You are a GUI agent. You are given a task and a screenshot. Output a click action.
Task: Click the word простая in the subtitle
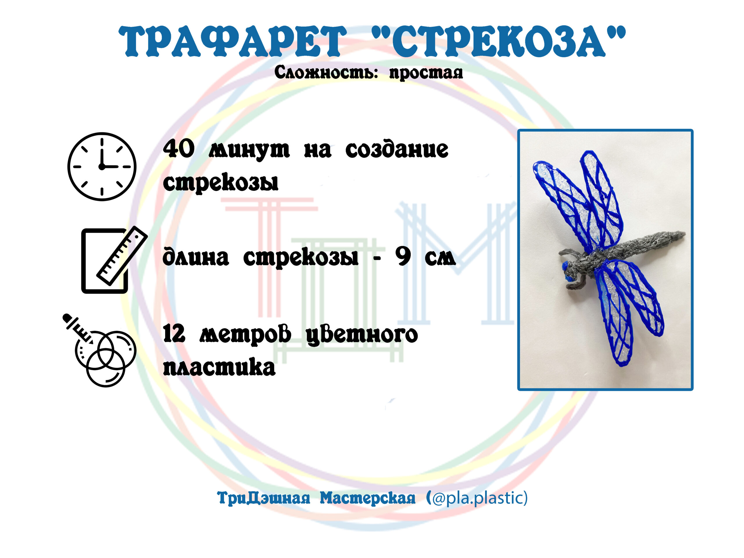tap(426, 73)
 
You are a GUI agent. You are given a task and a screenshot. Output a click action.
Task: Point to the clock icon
tap(102, 167)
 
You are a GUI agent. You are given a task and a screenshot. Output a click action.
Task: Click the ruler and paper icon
tap(114, 259)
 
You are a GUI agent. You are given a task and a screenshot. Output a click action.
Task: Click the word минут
tap(249, 150)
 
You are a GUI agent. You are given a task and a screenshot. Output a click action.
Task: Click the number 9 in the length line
tap(403, 257)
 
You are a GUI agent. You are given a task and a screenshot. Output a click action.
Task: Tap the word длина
tap(196, 257)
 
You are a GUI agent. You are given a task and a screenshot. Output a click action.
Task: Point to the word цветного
tap(362, 335)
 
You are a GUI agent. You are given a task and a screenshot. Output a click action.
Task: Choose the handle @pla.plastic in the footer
tap(479, 498)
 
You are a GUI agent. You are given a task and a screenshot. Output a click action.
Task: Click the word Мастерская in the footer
tap(367, 498)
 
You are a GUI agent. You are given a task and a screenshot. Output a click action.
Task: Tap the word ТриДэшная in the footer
tap(263, 498)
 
